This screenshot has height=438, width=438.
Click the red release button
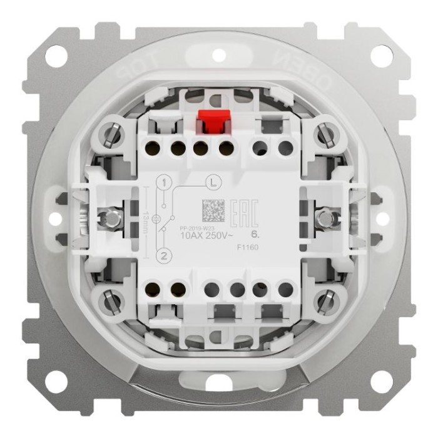pos(211,121)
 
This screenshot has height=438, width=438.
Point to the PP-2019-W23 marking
pos(197,228)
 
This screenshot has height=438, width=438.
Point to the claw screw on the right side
pos(324,218)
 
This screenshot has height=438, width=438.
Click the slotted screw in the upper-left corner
pos(112,135)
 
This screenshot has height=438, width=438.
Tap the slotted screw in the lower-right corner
pos(324,302)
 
